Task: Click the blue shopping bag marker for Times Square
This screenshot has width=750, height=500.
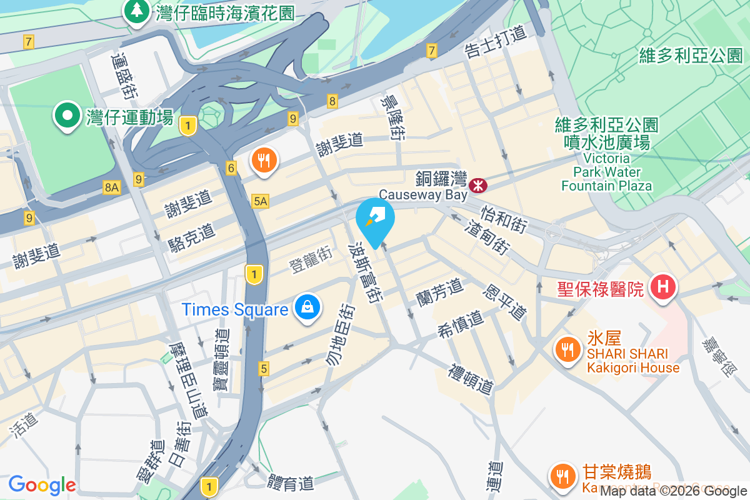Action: coord(307,308)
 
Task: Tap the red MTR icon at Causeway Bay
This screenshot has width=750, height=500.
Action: coord(479,184)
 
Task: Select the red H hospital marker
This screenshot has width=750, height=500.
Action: coord(663,288)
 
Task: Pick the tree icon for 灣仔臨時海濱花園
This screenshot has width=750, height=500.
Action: coord(136,11)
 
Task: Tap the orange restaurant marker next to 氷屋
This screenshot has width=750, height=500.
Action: coord(567,350)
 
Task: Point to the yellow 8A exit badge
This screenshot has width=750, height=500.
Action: coord(112,187)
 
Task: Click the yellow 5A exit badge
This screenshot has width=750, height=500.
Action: coord(261,201)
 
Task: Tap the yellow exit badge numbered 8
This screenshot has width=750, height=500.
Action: coord(332,101)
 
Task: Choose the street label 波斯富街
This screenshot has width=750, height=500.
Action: coord(368,272)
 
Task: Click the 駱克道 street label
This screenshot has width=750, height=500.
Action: coord(192,238)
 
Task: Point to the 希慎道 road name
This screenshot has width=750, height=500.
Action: coord(461,321)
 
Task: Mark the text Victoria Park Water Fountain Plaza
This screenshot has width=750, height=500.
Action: coord(606,172)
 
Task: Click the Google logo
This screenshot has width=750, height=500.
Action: coord(42,484)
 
